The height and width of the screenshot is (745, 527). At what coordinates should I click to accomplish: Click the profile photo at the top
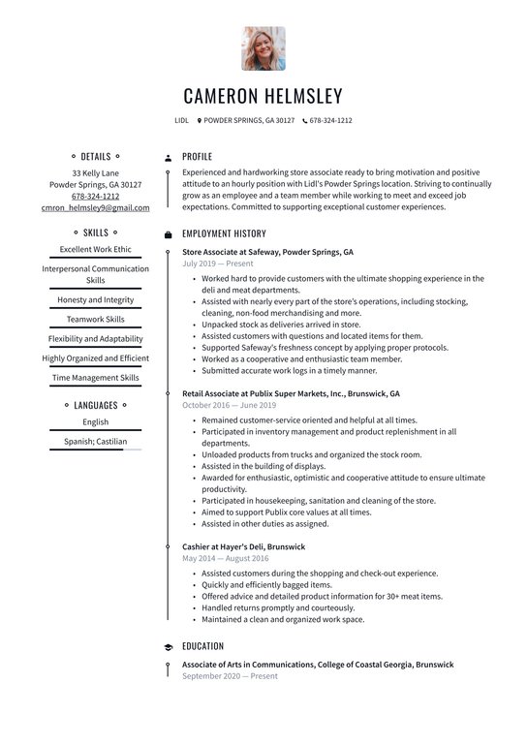[263, 48]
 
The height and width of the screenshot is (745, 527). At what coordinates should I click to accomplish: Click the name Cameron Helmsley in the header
[263, 96]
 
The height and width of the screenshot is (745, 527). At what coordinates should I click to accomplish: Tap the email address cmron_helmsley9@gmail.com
[95, 207]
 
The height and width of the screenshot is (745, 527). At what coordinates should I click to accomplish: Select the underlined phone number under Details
[95, 196]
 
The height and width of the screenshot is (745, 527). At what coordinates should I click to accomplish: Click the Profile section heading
[197, 156]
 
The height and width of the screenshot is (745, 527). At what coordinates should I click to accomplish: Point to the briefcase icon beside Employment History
[168, 234]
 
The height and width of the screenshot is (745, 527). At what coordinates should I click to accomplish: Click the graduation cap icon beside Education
[168, 646]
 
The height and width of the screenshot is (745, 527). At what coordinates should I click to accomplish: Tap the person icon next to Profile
[168, 157]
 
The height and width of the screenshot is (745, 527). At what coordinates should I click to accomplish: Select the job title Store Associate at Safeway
[267, 252]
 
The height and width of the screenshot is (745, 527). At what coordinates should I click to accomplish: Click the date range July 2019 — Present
[217, 264]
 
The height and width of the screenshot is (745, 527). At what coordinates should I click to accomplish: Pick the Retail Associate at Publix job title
[291, 394]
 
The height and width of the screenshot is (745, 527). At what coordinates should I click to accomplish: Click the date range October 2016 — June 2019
[229, 405]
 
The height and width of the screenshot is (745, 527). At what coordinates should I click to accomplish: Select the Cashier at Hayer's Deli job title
[243, 546]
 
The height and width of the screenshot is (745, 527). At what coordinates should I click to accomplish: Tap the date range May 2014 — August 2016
[226, 558]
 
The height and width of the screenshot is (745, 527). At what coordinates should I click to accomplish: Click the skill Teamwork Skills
[95, 319]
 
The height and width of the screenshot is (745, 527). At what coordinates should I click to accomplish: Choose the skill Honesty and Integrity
[95, 300]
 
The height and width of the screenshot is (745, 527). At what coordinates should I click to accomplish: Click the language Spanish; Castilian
[95, 441]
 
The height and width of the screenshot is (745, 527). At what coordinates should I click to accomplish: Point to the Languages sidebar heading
[95, 405]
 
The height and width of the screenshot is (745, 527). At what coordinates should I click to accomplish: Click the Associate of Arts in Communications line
[318, 665]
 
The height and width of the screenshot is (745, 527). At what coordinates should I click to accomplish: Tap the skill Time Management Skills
[95, 378]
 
